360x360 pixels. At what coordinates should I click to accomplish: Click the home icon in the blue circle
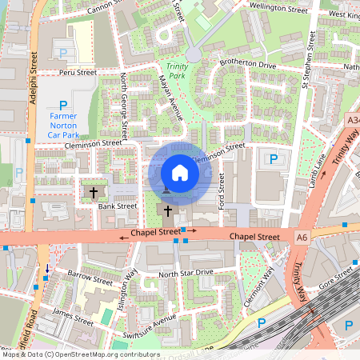tap(180, 172)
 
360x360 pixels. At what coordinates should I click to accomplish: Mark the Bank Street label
tap(118, 206)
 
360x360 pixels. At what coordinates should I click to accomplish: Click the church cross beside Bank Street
tap(94, 192)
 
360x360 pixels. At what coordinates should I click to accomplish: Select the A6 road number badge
tap(302, 238)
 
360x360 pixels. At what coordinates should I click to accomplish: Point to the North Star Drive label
tap(186, 273)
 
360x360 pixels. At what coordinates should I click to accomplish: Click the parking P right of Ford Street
tap(273, 159)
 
